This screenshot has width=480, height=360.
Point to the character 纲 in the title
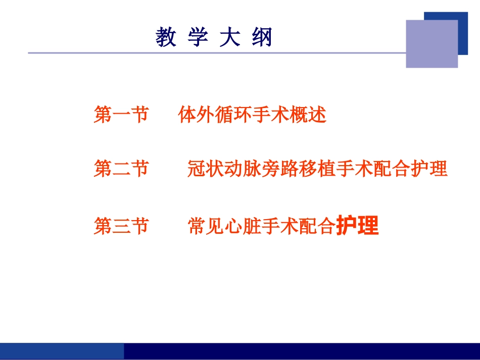(x=262, y=38)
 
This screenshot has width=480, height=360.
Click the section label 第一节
(x=121, y=115)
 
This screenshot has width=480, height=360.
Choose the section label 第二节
(x=121, y=169)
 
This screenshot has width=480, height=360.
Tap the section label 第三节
(x=121, y=226)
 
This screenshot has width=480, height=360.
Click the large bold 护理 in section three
(x=357, y=226)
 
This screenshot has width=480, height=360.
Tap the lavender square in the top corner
(x=431, y=44)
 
